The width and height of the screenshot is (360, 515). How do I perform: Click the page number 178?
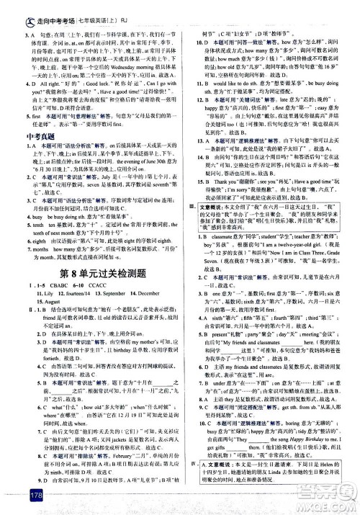(15, 496)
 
